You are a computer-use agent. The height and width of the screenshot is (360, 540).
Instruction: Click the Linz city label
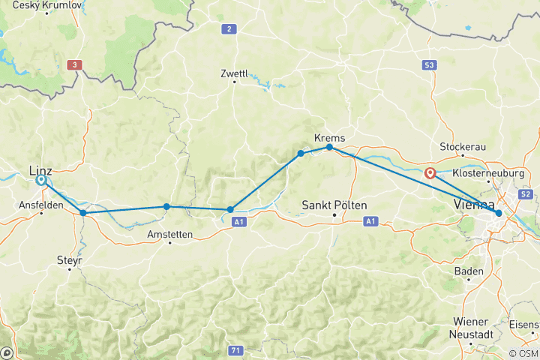(40, 169)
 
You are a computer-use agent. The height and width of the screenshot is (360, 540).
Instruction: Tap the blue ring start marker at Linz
(41, 180)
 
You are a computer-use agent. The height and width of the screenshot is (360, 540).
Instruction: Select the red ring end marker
(430, 173)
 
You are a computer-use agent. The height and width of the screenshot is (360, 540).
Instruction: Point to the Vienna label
(473, 205)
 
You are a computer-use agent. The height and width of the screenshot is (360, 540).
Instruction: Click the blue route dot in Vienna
(499, 214)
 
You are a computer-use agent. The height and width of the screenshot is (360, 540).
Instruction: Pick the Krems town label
(329, 138)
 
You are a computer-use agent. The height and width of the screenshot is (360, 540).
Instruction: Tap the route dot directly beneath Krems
(329, 148)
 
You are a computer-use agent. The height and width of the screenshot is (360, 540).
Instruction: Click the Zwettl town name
(234, 73)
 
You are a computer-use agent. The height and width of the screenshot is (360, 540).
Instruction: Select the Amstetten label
(169, 234)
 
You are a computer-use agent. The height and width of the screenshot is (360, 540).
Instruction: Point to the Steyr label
(69, 260)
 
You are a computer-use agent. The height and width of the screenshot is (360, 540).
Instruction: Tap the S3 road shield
(428, 65)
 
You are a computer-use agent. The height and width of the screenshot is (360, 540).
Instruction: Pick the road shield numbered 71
(235, 350)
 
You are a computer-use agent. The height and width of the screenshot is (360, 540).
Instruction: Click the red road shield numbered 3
(73, 65)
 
